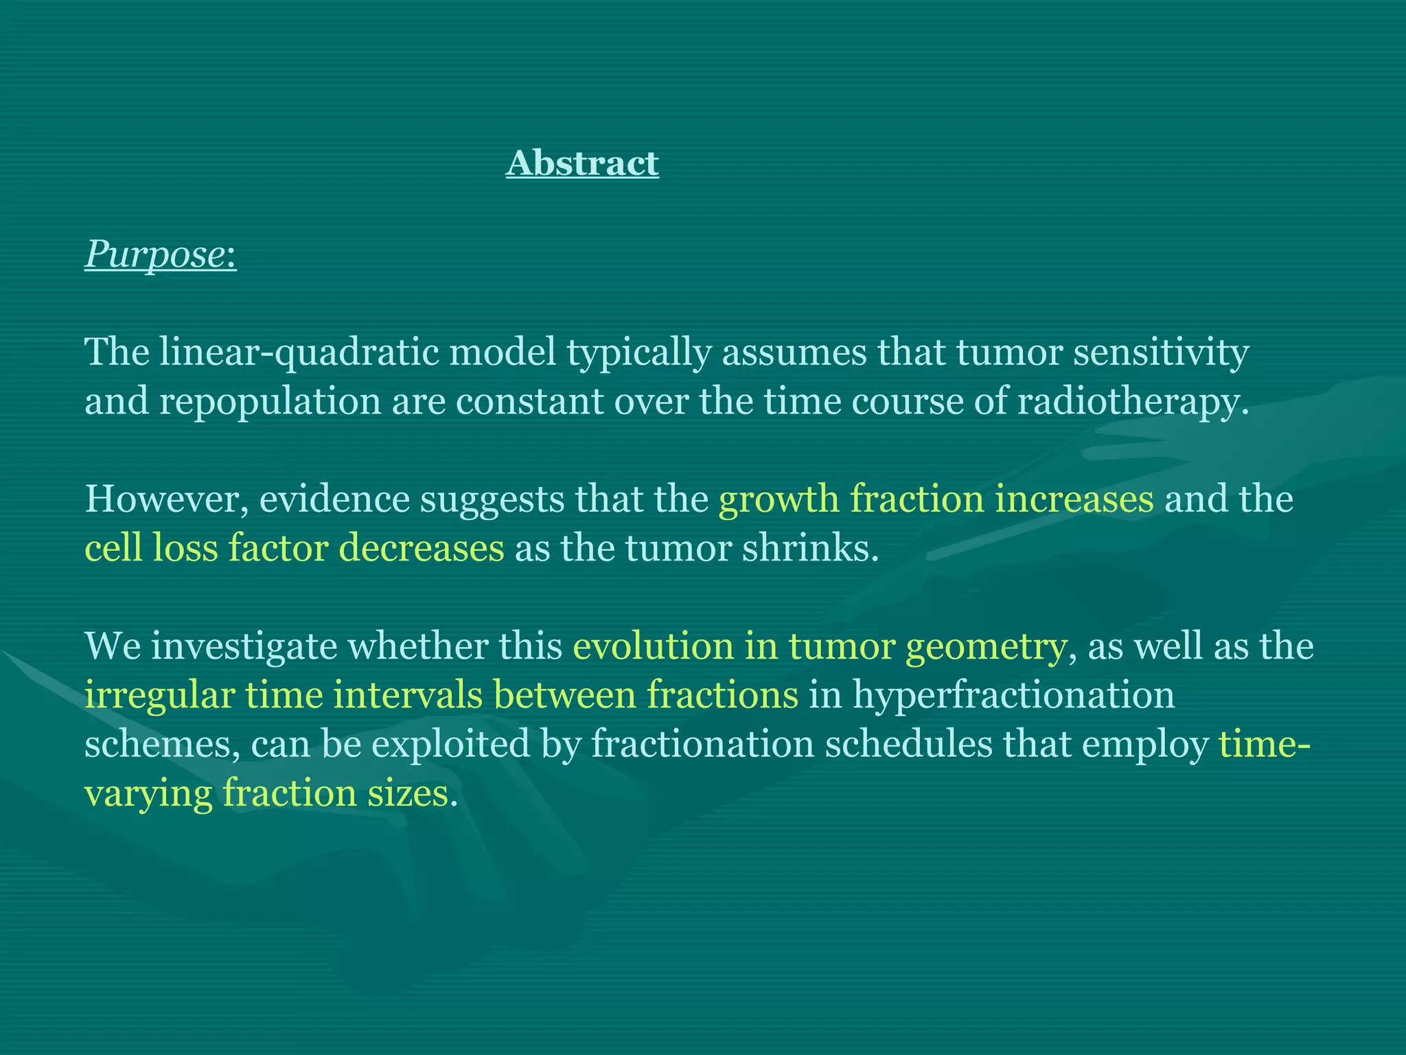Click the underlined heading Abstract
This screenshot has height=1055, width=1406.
pyautogui.click(x=582, y=163)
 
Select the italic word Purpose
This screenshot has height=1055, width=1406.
pyautogui.click(x=154, y=256)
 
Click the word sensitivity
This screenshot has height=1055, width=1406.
pyautogui.click(x=1160, y=352)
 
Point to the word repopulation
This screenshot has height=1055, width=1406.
pyautogui.click(x=270, y=402)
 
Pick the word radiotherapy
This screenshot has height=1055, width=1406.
pyautogui.click(x=1130, y=402)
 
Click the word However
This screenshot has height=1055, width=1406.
pyautogui.click(x=165, y=499)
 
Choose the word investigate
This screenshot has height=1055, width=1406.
pyautogui.click(x=244, y=646)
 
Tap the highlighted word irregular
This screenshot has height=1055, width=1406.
pyautogui.click(x=159, y=696)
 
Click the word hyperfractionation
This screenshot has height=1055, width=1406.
pyautogui.click(x=1013, y=696)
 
